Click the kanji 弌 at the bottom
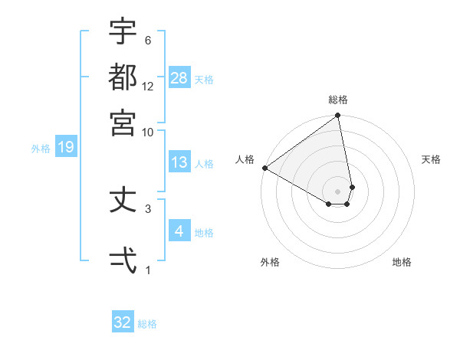point(123,260)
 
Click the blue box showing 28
point(179,77)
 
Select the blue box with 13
point(179,162)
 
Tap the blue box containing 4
point(179,231)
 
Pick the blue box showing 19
point(66,147)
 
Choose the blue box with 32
point(123,322)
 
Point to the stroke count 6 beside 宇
point(148,41)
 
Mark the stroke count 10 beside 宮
point(148,132)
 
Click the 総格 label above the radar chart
point(338,100)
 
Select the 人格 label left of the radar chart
point(245,159)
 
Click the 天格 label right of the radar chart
point(431,159)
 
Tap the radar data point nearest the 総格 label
point(338,116)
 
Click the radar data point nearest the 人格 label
point(264,168)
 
